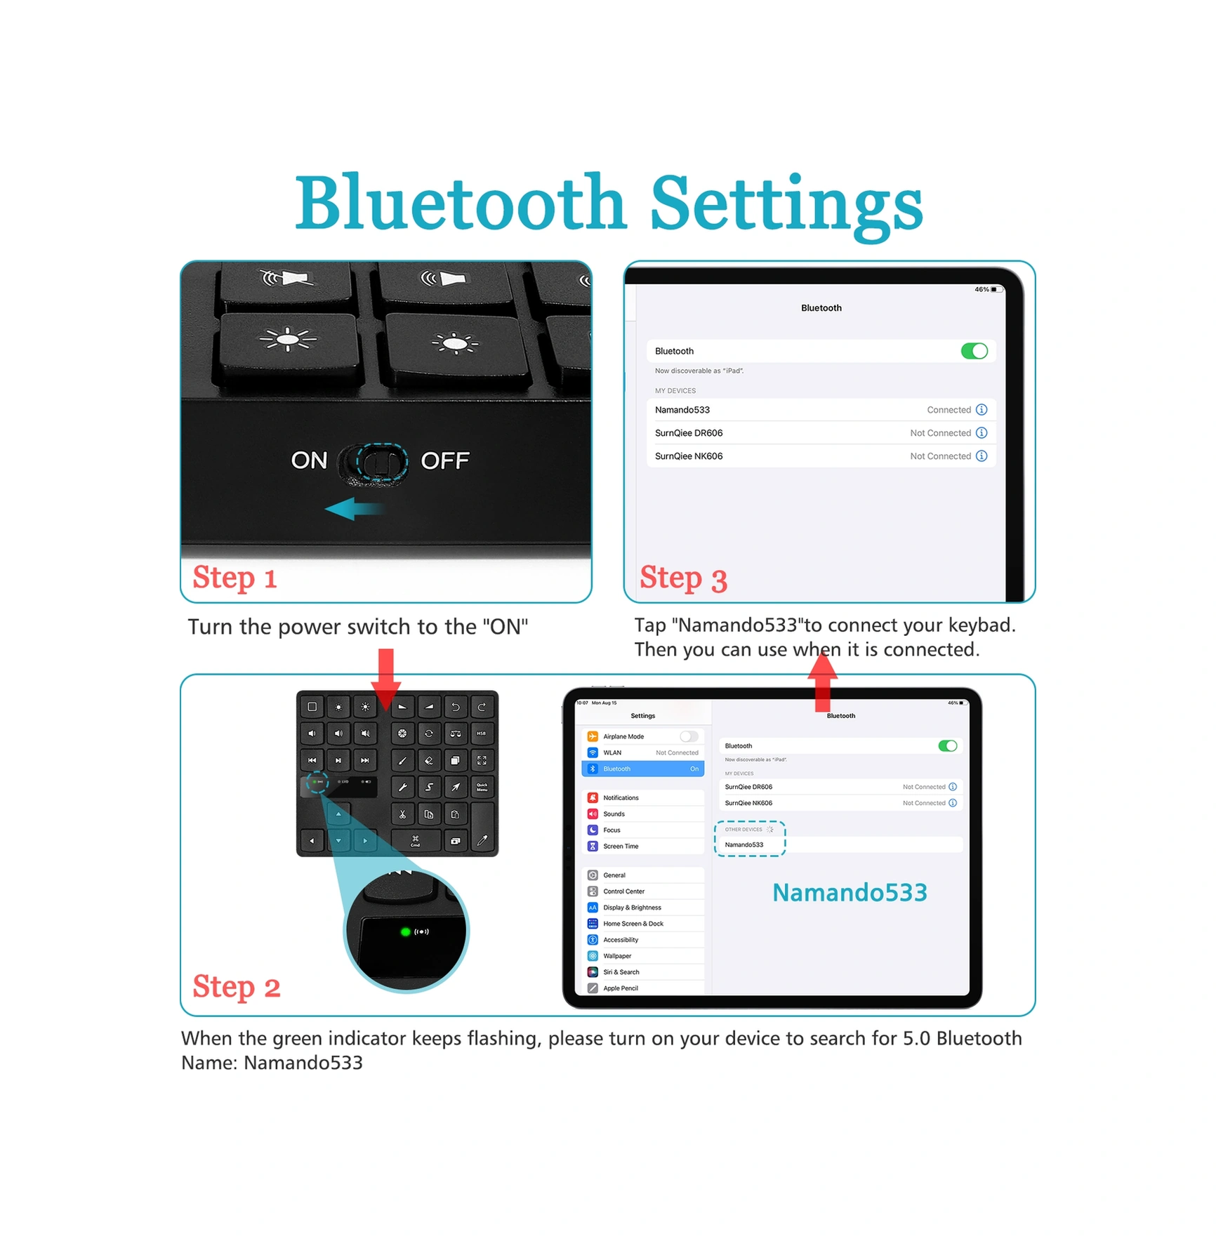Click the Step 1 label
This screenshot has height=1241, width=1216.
[234, 578]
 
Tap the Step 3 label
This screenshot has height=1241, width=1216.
[682, 578]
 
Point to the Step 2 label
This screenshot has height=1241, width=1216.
[236, 986]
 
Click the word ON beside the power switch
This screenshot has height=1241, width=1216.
[309, 460]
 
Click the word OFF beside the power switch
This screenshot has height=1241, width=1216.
[444, 460]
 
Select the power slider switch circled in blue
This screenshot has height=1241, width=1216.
[380, 463]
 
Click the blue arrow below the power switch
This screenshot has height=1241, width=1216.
[353, 509]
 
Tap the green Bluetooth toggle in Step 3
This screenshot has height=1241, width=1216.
[973, 351]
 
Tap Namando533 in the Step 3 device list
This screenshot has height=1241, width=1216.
[682, 410]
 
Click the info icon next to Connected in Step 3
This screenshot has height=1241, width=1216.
[981, 410]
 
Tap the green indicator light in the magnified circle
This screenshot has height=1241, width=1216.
[405, 931]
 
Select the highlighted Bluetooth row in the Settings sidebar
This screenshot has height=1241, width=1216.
[642, 769]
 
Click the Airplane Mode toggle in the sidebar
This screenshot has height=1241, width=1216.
[689, 736]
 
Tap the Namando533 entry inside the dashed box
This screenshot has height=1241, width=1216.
[744, 844]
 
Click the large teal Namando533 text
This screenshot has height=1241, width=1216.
[849, 892]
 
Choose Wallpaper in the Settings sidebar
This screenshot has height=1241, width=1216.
[617, 956]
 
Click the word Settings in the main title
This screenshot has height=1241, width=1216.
[786, 204]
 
